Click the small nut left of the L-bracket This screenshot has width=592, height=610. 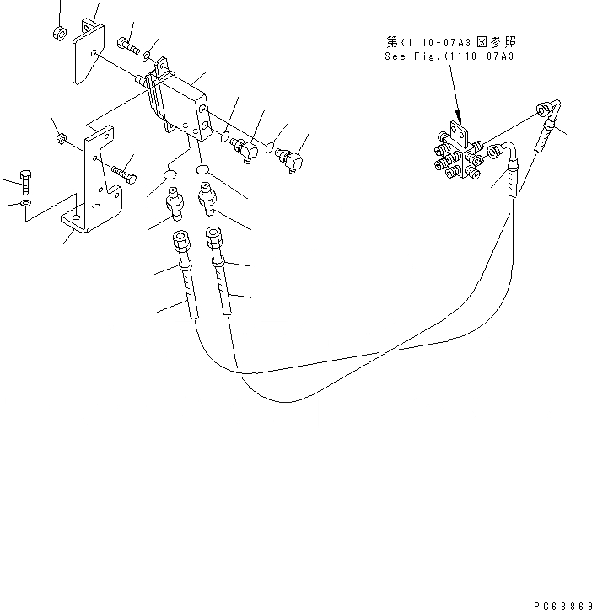61,137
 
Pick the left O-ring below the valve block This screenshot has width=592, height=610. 169,175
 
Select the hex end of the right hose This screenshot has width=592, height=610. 214,238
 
